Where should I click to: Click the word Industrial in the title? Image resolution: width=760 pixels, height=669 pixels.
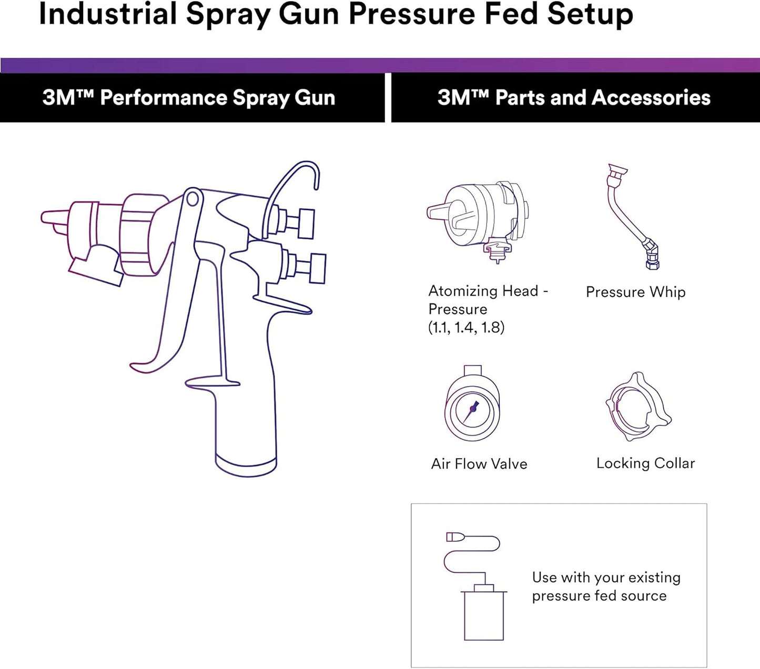pos(107,15)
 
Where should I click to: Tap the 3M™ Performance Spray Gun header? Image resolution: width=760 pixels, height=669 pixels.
pos(189,98)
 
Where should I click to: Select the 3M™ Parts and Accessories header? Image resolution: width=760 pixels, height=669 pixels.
pos(574,98)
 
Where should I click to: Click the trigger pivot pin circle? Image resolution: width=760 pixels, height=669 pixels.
pos(192,199)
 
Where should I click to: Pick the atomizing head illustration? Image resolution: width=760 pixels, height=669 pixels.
pos(479,218)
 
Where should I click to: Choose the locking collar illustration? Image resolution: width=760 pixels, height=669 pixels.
pos(637,407)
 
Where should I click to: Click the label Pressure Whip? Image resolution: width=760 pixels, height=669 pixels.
pos(635,292)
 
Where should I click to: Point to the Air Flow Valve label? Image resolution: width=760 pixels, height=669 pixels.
pos(479,464)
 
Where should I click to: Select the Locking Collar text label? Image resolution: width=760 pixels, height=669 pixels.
pos(645,463)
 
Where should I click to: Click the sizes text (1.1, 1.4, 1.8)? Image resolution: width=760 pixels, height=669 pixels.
pos(466,328)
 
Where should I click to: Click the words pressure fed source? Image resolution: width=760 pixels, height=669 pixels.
pos(599,596)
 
